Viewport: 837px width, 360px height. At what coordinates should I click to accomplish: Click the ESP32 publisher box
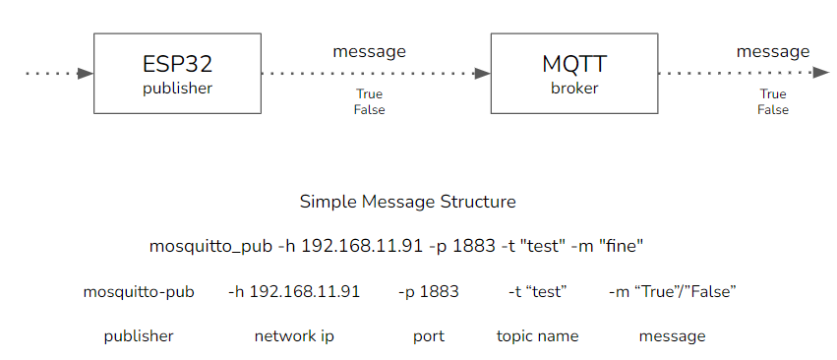point(177,73)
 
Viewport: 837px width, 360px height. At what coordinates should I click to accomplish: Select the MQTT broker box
point(573,73)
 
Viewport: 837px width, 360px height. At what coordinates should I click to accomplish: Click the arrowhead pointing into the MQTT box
point(482,73)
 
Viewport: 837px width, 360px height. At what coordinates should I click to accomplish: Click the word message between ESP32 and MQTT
point(369,51)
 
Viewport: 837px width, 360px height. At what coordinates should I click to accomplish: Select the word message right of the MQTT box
point(773,51)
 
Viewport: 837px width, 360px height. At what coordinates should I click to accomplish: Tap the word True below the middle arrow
point(369,94)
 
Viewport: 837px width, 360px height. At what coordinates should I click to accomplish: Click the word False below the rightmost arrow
point(773,110)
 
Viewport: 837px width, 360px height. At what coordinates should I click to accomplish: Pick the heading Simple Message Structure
point(407,202)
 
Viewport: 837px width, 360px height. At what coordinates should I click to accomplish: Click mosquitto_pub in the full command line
point(201,245)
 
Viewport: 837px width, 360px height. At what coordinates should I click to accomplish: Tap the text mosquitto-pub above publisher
point(139,291)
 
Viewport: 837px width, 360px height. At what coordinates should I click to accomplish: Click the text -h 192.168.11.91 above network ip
point(294,291)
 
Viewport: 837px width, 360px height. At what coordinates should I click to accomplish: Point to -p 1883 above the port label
point(429,291)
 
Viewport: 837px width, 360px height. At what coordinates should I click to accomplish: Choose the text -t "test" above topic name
point(538,291)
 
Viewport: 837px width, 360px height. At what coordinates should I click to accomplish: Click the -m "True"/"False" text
point(673,291)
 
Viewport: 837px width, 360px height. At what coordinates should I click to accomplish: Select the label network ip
point(294,336)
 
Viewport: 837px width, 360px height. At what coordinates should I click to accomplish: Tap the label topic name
point(538,336)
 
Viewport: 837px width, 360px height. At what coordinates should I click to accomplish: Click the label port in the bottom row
point(429,336)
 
